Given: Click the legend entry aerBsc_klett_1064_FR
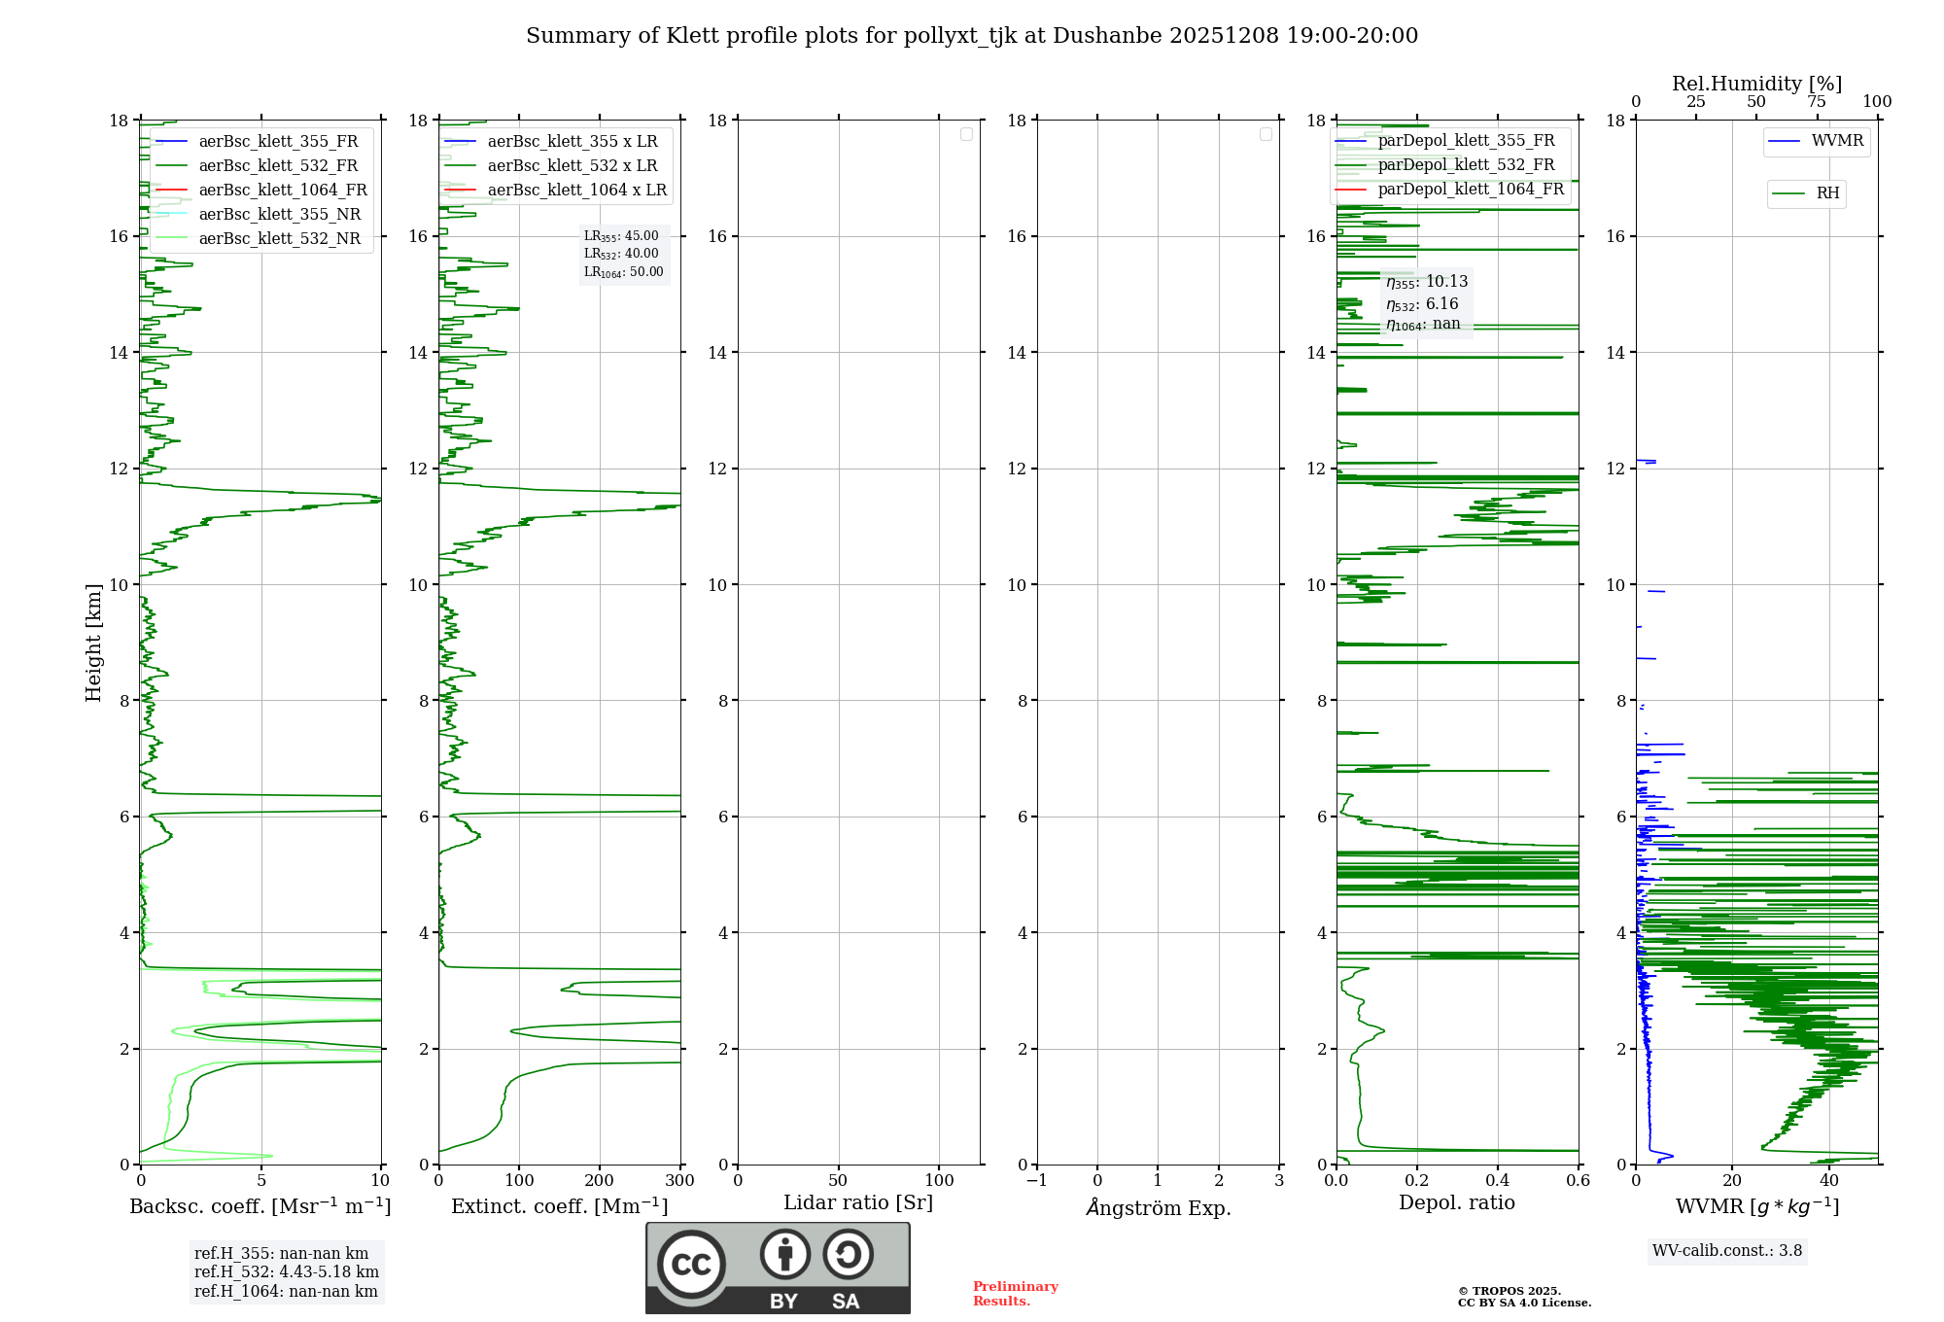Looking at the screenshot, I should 283,191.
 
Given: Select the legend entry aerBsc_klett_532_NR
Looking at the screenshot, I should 279,239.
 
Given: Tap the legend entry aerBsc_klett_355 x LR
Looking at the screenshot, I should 572,142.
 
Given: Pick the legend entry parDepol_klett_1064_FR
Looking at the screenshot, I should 1471,190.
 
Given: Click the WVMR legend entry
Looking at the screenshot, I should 1837,141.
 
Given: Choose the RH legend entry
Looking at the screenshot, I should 1827,193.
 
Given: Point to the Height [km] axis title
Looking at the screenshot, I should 93,642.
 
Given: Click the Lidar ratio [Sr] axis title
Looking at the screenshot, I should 858,1203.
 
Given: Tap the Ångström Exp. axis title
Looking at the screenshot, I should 1158,1208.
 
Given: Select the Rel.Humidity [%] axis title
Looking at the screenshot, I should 1756,84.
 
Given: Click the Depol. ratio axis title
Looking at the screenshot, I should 1456,1203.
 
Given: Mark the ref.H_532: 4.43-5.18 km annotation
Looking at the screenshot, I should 286,1272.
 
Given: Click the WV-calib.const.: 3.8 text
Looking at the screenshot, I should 1727,1251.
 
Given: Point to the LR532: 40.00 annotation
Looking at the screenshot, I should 621,254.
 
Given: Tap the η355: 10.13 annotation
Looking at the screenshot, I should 1427,282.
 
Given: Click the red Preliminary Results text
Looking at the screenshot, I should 1015,1294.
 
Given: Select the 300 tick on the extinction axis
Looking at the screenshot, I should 680,1181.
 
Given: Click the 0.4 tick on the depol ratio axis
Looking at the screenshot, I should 1498,1181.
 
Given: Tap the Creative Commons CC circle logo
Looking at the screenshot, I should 691,1265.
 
